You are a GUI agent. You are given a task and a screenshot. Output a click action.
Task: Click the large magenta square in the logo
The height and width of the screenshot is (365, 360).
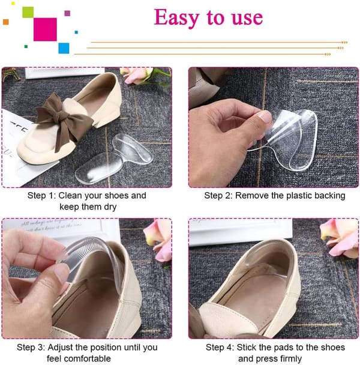pos(45,29)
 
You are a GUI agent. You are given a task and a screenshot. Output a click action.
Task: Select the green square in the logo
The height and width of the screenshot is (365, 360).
pos(28,13)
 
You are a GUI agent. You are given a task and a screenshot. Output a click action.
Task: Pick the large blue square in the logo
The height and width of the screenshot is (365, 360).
pos(64,48)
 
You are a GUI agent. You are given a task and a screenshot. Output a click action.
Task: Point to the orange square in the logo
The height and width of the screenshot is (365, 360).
pos(6,22)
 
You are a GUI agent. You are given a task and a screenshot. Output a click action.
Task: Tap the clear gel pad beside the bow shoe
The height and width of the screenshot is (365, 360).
pos(114,158)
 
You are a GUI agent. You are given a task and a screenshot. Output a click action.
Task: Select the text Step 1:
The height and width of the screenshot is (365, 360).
pos(41,196)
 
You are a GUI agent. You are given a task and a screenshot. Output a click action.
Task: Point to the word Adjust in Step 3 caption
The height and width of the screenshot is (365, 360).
pos(60,348)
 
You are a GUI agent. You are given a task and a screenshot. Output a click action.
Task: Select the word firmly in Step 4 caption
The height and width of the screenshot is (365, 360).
pos(290,359)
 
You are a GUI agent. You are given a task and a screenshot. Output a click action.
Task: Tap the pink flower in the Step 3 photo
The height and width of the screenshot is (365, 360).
pos(158,240)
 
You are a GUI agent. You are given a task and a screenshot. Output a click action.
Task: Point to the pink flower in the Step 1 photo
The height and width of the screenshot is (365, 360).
pos(137,75)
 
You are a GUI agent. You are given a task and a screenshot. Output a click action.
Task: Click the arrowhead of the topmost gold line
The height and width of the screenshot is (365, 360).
pos(344,43)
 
